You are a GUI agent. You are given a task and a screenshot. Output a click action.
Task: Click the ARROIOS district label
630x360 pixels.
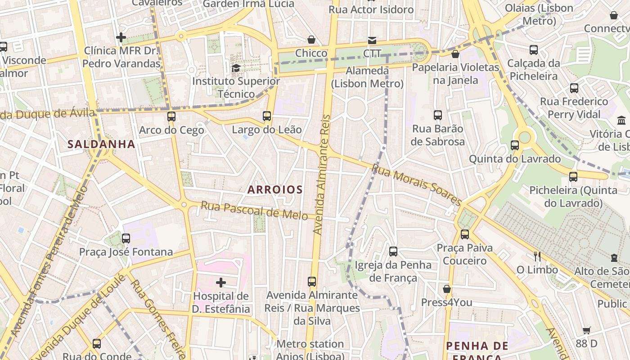(275, 189)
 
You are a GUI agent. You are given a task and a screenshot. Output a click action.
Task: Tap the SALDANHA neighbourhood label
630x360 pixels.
(101, 144)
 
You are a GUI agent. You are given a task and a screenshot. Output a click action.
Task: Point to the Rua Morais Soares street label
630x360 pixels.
(417, 184)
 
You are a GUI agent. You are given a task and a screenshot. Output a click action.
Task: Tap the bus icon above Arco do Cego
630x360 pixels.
(171, 117)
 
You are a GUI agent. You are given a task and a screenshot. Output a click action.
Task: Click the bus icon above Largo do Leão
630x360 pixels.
(267, 116)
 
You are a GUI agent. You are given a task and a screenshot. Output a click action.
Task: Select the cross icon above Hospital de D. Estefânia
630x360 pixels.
(220, 283)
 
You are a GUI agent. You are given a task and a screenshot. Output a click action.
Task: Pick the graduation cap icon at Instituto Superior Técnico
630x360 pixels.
(236, 68)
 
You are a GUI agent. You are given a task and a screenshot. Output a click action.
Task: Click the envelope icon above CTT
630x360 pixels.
(372, 40)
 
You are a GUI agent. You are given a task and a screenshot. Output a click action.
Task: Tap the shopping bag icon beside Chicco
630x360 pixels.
(311, 40)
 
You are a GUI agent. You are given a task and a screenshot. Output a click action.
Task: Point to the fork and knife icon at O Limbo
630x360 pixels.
(537, 256)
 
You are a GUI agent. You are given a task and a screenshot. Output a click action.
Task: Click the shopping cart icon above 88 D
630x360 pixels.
(586, 331)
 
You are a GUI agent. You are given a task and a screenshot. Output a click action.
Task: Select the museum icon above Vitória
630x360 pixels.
(621, 120)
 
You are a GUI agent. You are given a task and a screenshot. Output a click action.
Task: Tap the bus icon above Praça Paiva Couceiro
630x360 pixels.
(464, 234)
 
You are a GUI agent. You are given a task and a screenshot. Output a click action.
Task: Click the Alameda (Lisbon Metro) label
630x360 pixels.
(367, 77)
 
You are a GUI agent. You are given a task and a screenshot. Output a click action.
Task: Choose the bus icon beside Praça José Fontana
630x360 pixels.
(126, 238)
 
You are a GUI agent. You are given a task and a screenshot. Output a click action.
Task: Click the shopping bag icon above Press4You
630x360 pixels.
(447, 289)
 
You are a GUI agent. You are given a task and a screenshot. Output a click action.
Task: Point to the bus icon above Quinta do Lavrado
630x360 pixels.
(515, 145)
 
